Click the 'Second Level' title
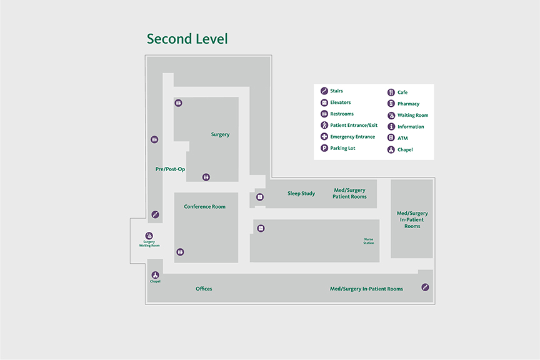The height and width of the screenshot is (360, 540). [x=187, y=39]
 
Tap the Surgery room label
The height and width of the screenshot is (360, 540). [x=220, y=134]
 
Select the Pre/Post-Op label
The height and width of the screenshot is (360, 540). [x=170, y=169]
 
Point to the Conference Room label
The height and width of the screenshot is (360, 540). [x=204, y=206]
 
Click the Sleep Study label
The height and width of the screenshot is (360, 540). [x=301, y=193]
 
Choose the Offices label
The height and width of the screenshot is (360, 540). [x=204, y=289]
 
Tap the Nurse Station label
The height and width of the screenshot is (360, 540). [x=369, y=241]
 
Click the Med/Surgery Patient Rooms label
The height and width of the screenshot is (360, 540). [x=349, y=193]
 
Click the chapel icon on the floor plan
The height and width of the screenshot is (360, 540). [x=155, y=275]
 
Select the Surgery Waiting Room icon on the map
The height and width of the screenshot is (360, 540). [x=149, y=236]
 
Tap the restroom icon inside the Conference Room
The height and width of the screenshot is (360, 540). [x=181, y=252]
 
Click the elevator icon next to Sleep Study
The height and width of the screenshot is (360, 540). [x=260, y=197]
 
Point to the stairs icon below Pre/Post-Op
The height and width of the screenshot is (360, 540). [x=155, y=214]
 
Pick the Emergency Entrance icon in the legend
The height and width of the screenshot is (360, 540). [x=324, y=137]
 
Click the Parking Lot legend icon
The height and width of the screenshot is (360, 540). [x=324, y=148]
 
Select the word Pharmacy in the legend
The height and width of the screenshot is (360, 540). [x=408, y=104]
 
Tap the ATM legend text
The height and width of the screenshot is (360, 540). [x=402, y=138]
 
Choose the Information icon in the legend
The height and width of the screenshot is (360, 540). [x=391, y=127]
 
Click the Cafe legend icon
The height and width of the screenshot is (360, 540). [x=391, y=92]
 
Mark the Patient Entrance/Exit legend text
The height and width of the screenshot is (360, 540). [x=354, y=125]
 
